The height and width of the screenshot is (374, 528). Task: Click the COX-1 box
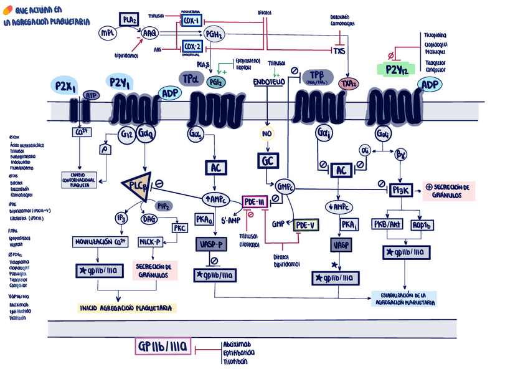coord(191,21)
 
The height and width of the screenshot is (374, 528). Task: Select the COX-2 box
coord(191,47)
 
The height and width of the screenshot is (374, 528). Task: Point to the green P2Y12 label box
coord(397,69)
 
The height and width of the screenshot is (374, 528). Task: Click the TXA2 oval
coord(348,84)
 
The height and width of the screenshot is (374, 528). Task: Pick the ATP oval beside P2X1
coord(91,95)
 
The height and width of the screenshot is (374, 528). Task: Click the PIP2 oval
coord(163,206)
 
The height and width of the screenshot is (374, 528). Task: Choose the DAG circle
coord(150,218)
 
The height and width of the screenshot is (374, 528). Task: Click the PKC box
coord(179,228)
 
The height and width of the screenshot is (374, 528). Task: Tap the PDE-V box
coord(305,224)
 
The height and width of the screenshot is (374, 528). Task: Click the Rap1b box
coord(423,224)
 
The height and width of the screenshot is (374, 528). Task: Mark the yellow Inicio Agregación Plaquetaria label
coord(127,308)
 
